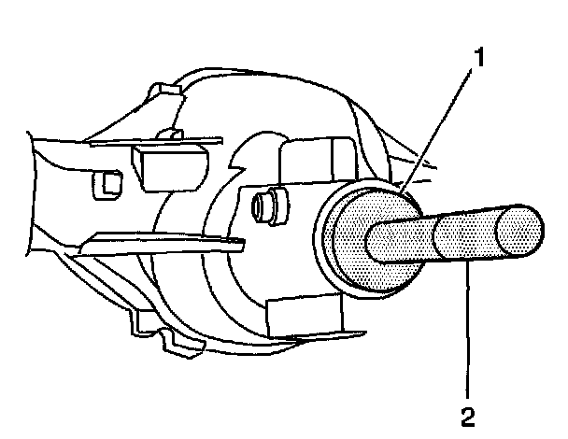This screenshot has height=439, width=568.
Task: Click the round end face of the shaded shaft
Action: click(x=519, y=230)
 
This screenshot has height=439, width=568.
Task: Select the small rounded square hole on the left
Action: click(x=105, y=186)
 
